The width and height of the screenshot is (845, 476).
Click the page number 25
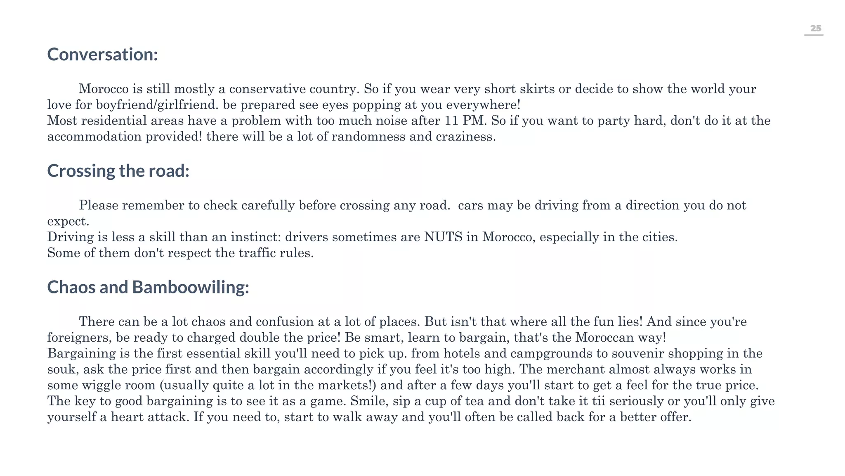tap(815, 29)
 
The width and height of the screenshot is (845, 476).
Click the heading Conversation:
tap(102, 55)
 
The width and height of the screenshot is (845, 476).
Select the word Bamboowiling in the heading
tap(190, 287)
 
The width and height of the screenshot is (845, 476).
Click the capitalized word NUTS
tap(443, 237)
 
